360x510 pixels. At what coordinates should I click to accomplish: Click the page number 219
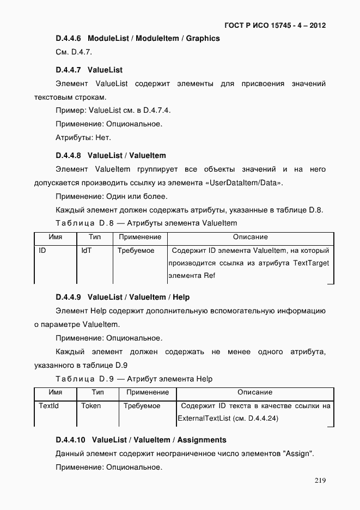tap(320, 481)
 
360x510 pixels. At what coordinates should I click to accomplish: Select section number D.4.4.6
tap(68, 39)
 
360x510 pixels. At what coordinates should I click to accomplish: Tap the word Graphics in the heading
tap(203, 39)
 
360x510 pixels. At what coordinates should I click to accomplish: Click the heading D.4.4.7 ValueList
tap(89, 70)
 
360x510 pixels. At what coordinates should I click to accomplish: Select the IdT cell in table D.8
tap(87, 251)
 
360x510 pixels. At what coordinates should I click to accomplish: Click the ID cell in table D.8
tap(42, 251)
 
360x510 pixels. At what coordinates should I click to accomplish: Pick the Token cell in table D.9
tap(91, 406)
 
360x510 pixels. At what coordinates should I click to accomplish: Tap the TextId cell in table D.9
tap(48, 406)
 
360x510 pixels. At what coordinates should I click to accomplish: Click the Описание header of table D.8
tap(250, 237)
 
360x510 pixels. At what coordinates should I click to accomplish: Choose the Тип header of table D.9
tap(97, 392)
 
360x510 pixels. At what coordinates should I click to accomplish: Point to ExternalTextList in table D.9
tap(203, 418)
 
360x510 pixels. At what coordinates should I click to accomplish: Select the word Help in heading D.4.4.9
tap(181, 297)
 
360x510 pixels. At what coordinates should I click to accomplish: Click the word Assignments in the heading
tap(202, 440)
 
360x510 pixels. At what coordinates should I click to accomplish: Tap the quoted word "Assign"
tap(298, 454)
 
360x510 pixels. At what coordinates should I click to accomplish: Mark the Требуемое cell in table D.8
tap(136, 251)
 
